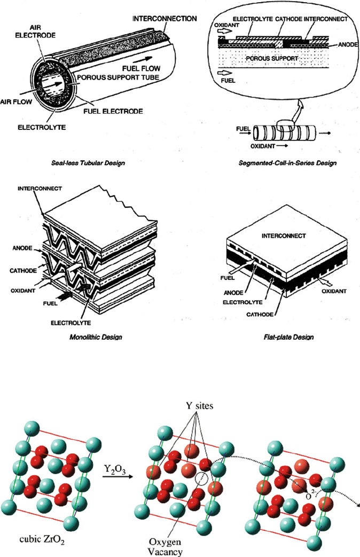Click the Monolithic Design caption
point(92,337)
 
